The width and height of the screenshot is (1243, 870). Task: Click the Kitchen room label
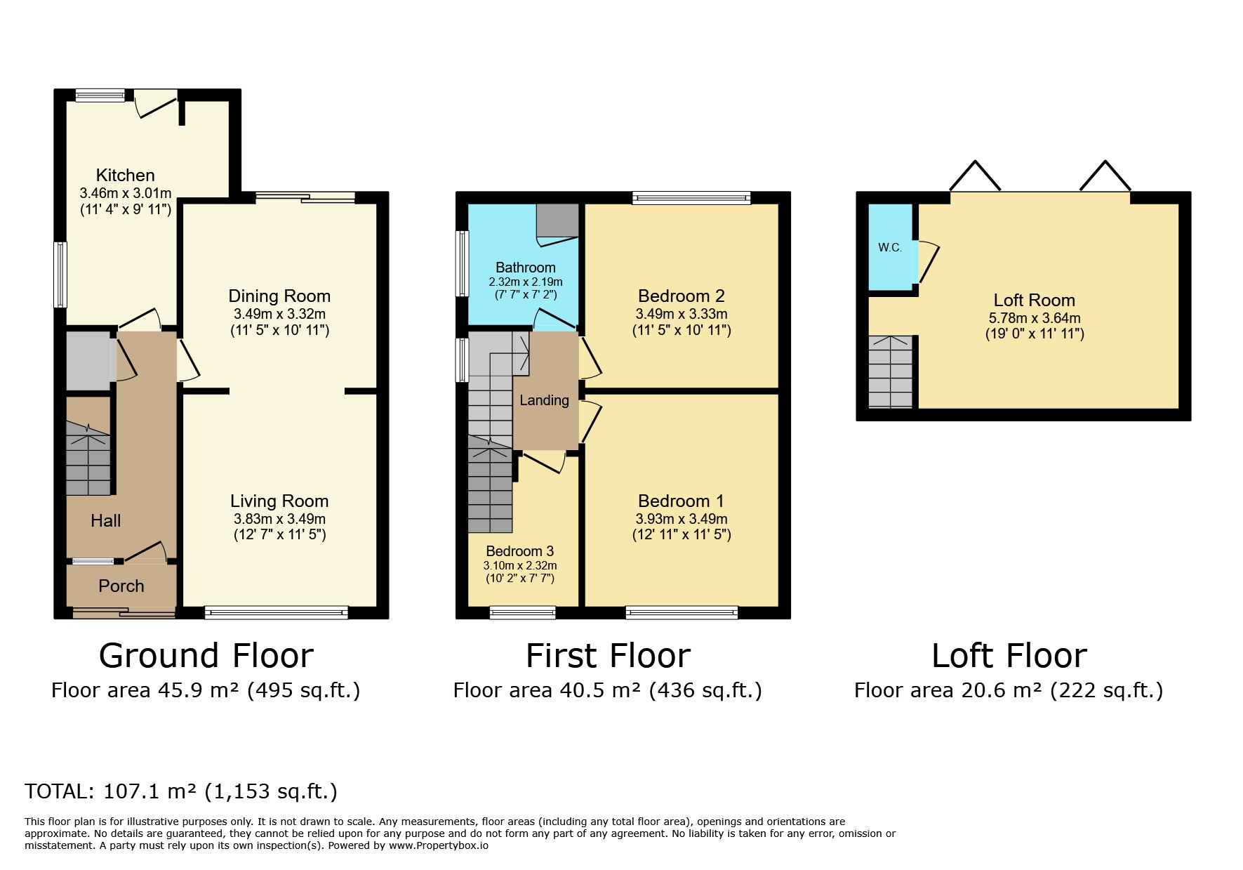pyautogui.click(x=125, y=175)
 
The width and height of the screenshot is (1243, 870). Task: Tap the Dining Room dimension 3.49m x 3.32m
pyautogui.click(x=279, y=314)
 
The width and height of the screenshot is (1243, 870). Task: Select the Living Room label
pyautogui.click(x=279, y=501)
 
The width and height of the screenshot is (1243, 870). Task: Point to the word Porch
pyautogui.click(x=121, y=586)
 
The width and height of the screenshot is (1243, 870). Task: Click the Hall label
pyautogui.click(x=105, y=520)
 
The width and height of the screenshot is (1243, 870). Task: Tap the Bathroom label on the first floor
pyautogui.click(x=526, y=268)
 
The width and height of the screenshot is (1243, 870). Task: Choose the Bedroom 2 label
pyautogui.click(x=682, y=296)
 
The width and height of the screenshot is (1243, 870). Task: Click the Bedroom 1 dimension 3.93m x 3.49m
pyautogui.click(x=682, y=519)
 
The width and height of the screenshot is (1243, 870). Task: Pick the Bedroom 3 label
pyautogui.click(x=519, y=551)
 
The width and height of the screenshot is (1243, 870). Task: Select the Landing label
pyautogui.click(x=544, y=400)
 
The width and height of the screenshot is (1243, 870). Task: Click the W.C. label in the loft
pyautogui.click(x=890, y=248)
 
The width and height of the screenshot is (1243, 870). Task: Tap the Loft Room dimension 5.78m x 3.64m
pyautogui.click(x=1035, y=318)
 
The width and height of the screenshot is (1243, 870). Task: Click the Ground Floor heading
pyautogui.click(x=206, y=655)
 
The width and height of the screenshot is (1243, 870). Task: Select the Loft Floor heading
pyautogui.click(x=1009, y=655)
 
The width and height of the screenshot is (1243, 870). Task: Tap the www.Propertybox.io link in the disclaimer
pyautogui.click(x=438, y=845)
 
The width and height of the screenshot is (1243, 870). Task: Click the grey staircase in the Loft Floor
pyautogui.click(x=891, y=371)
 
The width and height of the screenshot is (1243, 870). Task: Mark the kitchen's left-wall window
pyautogui.click(x=61, y=275)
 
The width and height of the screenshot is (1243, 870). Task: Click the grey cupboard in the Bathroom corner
pyautogui.click(x=558, y=221)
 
